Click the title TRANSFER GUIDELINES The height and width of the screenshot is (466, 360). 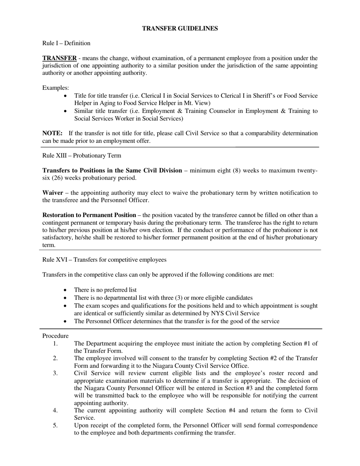(x=180, y=28)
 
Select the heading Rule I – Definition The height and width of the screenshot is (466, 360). (x=66, y=43)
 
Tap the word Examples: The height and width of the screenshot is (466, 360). (x=55, y=88)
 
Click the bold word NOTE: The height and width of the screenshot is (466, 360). (x=52, y=133)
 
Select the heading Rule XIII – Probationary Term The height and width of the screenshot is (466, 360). (x=81, y=156)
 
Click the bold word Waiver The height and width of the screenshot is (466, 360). (x=53, y=193)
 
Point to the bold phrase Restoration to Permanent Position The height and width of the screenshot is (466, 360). (x=89, y=215)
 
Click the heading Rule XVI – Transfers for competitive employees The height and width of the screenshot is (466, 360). (x=104, y=260)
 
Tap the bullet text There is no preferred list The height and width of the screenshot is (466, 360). (x=105, y=290)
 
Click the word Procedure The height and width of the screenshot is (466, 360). (x=55, y=336)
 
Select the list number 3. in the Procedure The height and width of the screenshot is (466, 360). (x=55, y=373)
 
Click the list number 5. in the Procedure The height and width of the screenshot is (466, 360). (x=55, y=425)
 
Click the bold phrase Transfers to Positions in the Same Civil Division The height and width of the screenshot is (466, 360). (x=112, y=170)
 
